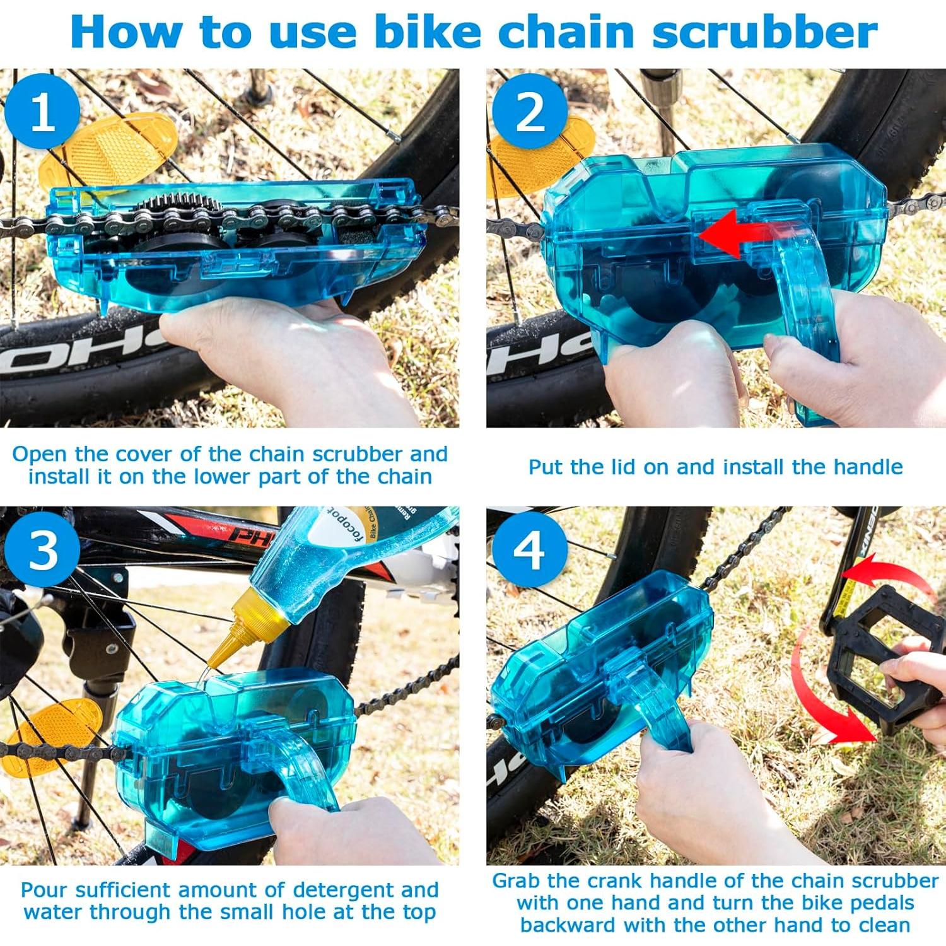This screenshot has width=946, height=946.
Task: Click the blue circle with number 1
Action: (42, 112)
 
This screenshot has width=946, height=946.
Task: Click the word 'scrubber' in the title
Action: (764, 32)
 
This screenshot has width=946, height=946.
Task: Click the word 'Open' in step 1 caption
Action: (40, 454)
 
